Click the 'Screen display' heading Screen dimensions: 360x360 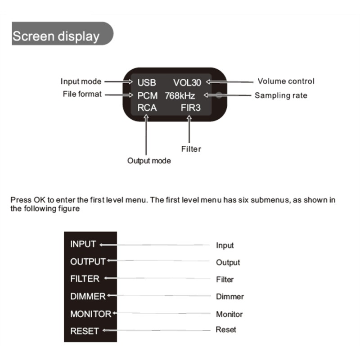tap(56, 36)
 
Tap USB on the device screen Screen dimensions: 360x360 tap(147, 82)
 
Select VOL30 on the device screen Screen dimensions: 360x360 tap(187, 82)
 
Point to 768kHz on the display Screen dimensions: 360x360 tap(180, 95)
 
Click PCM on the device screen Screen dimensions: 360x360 tap(148, 95)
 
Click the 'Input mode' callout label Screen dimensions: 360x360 tap(81, 81)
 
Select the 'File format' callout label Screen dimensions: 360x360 tap(82, 94)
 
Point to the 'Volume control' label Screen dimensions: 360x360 tap(286, 81)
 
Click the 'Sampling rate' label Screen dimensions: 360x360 tap(281, 95)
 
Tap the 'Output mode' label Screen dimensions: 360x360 tap(149, 161)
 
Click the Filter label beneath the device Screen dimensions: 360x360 tap(191, 149)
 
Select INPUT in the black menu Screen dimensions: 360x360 tap(83, 244)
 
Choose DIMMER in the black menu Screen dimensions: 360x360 tap(88, 296)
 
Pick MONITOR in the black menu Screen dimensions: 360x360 tap(90, 314)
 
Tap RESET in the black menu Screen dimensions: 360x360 tap(84, 331)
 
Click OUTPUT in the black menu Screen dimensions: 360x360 tap(88, 261)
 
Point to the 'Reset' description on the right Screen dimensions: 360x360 tap(226, 330)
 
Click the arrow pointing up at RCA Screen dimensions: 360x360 tap(146, 135)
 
